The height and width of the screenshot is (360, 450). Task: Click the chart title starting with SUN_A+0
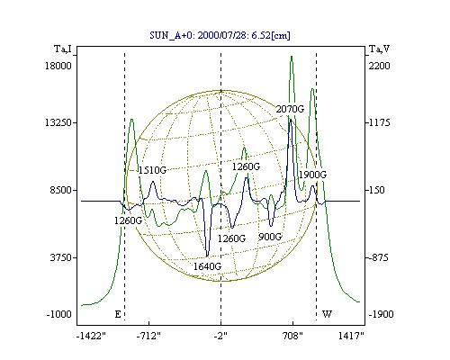tap(220, 35)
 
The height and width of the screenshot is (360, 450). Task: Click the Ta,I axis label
tap(63, 49)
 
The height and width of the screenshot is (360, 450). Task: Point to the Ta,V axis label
tap(379, 49)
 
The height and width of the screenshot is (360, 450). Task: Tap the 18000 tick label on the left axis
tap(58, 66)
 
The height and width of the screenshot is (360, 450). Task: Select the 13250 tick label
tap(58, 122)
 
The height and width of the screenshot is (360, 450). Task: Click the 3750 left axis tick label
tap(61, 257)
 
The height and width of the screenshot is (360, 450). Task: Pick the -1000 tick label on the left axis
tap(59, 314)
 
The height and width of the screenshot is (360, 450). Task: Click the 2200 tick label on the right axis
tap(379, 66)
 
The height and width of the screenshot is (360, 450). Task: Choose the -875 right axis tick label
tap(378, 257)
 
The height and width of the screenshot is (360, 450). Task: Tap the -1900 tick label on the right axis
tap(381, 314)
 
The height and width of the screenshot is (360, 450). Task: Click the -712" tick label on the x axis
tap(148, 336)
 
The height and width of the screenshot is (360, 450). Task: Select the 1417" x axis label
tap(351, 336)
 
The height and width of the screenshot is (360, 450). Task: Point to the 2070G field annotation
tap(290, 109)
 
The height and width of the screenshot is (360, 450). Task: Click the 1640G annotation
tap(207, 266)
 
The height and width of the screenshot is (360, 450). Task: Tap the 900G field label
tap(270, 237)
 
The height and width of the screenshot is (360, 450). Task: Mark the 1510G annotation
tap(152, 170)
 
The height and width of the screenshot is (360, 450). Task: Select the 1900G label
tap(312, 175)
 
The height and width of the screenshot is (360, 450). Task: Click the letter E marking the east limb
tap(118, 314)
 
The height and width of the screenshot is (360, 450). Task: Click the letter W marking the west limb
tap(327, 314)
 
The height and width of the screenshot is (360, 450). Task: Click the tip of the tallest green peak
tap(292, 56)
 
